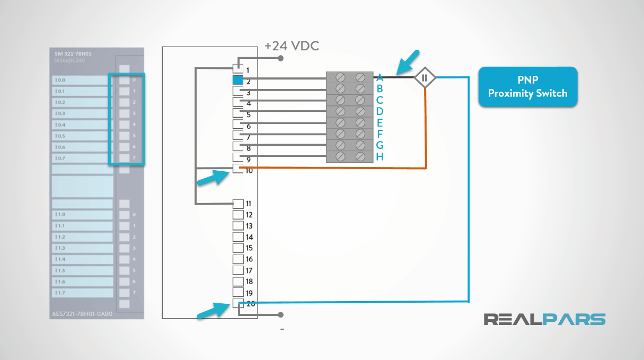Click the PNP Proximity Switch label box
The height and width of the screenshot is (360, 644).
527,87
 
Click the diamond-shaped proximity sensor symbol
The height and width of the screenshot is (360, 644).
424,78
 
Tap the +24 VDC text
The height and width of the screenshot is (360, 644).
292,46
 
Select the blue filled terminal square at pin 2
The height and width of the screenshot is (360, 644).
238,80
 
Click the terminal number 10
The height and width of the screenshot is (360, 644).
249,171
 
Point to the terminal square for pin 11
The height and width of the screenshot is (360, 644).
238,204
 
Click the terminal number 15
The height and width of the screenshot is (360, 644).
249,248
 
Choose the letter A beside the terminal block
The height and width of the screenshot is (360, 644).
380,77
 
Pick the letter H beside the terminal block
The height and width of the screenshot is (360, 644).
380,157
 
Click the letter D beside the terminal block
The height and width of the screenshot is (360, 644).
380,111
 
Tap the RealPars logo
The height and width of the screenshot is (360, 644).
544,319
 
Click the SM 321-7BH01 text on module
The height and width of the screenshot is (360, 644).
73,54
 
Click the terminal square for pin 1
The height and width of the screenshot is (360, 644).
238,69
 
